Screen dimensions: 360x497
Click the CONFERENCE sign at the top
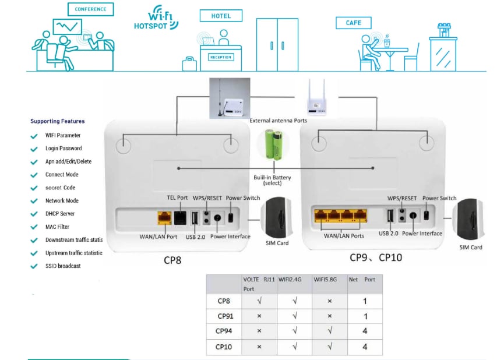(x=90, y=9)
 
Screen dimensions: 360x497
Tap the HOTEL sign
(x=221, y=16)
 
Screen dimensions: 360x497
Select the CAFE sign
(x=353, y=23)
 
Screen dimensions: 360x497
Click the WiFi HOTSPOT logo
(x=156, y=18)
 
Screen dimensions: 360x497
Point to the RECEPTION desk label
(x=221, y=57)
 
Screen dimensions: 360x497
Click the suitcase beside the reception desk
(x=189, y=63)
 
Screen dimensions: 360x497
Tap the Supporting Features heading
(x=57, y=121)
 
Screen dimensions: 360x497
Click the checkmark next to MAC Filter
(x=34, y=227)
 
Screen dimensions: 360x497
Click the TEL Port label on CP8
(x=178, y=198)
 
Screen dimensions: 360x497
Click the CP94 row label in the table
(x=224, y=331)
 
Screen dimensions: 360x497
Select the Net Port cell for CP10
(x=365, y=347)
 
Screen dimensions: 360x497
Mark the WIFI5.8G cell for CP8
(x=329, y=301)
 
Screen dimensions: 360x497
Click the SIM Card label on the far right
(x=471, y=247)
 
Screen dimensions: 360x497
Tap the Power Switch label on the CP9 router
(x=439, y=198)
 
